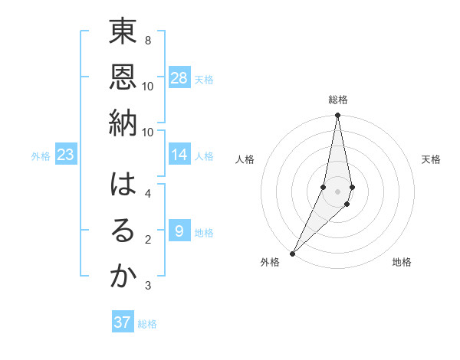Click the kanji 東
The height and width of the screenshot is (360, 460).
point(123,34)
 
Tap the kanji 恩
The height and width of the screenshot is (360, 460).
point(123,79)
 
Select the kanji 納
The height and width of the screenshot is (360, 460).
point(123,125)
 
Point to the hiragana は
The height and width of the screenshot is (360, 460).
point(123,187)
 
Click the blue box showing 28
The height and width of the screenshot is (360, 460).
point(179,78)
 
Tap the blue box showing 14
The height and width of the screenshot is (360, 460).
point(179,155)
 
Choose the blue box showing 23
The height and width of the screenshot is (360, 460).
point(66,155)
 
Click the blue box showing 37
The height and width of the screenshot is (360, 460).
point(123,322)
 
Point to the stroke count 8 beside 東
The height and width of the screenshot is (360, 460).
point(147,40)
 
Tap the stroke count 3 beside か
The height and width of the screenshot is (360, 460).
point(147,286)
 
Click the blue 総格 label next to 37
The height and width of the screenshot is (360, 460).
point(147,324)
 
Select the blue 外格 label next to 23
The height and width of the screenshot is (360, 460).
point(41,156)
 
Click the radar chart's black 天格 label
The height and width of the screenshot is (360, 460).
point(432,159)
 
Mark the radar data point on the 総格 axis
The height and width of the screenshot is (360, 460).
point(337,115)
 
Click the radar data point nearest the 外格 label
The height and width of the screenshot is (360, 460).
point(293,253)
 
